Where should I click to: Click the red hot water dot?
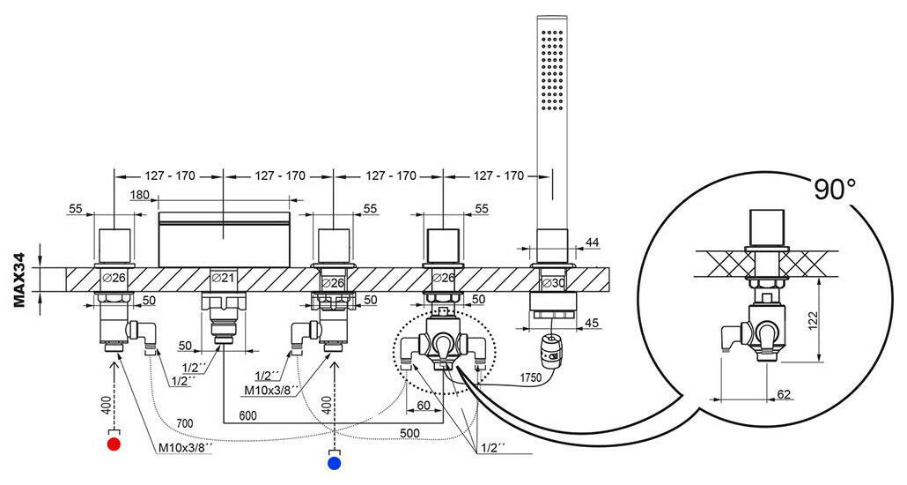pos(114,444)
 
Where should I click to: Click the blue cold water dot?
pos(334,462)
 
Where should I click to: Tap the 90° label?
pos(835,189)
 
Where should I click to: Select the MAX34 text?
pos(19,279)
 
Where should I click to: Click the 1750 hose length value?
pos(530,377)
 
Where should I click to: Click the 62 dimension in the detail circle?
pos(783,394)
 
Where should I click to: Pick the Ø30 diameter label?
pos(552,283)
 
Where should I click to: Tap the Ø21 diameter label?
pos(223,278)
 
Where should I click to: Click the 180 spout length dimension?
pos(139,195)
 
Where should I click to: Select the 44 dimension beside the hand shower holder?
pos(593,242)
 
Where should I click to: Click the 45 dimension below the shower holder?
pos(593,322)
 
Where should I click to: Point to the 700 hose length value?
pos(185,423)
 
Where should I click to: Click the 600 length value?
pos(247,415)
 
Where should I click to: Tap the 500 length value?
pos(409,433)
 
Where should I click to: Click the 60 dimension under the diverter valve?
pos(424,405)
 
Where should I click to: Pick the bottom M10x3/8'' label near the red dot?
pos(185,449)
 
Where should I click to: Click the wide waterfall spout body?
pos(224,239)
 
